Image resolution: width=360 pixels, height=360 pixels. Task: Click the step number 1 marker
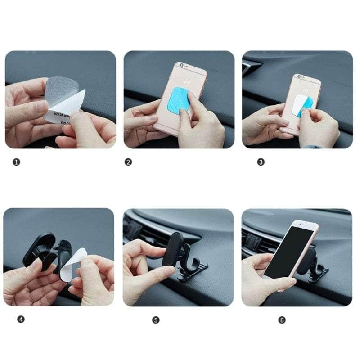click(17, 162)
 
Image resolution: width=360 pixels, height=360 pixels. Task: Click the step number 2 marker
click(128, 162)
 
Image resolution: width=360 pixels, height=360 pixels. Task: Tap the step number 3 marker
click(261, 162)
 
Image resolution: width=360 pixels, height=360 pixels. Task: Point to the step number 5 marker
click(156, 320)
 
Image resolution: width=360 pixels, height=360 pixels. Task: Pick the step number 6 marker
click(282, 320)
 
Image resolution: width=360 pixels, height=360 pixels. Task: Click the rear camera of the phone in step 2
click(181, 65)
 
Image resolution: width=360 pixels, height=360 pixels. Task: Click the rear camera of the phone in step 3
click(298, 77)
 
